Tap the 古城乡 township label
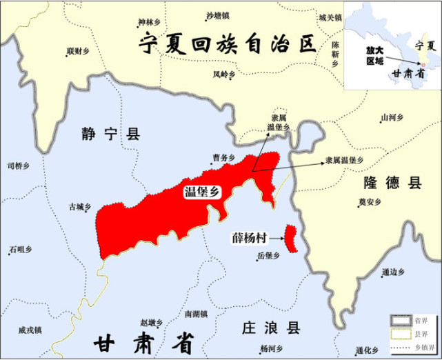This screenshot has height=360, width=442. [x=80, y=206]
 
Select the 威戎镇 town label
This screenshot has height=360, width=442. [x=30, y=330]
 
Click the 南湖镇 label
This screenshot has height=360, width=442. [x=196, y=314]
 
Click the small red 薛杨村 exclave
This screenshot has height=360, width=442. [x=292, y=238]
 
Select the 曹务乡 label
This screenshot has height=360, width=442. [x=223, y=157]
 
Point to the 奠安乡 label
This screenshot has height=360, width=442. [x=370, y=203]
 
